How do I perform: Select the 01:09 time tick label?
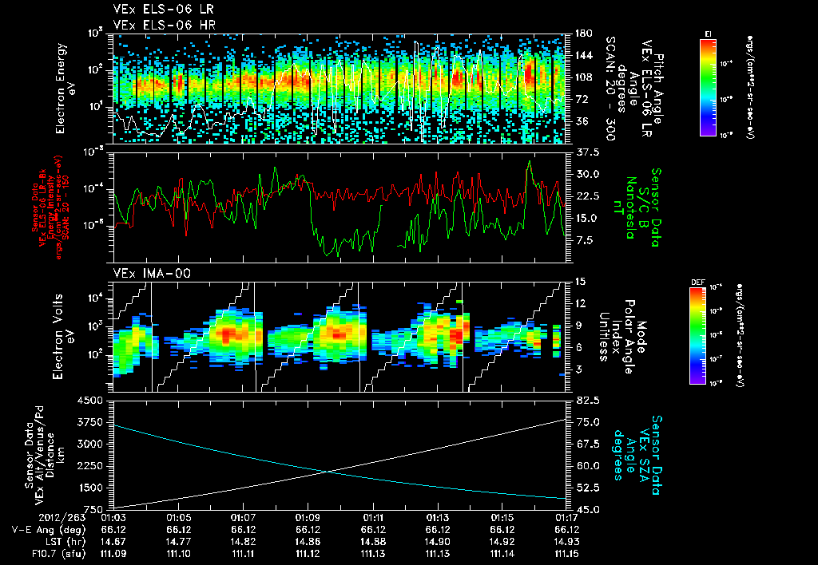[308, 517]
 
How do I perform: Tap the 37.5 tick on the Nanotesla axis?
[586, 152]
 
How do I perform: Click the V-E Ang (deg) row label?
[45, 529]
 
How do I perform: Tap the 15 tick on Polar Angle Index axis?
[579, 282]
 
